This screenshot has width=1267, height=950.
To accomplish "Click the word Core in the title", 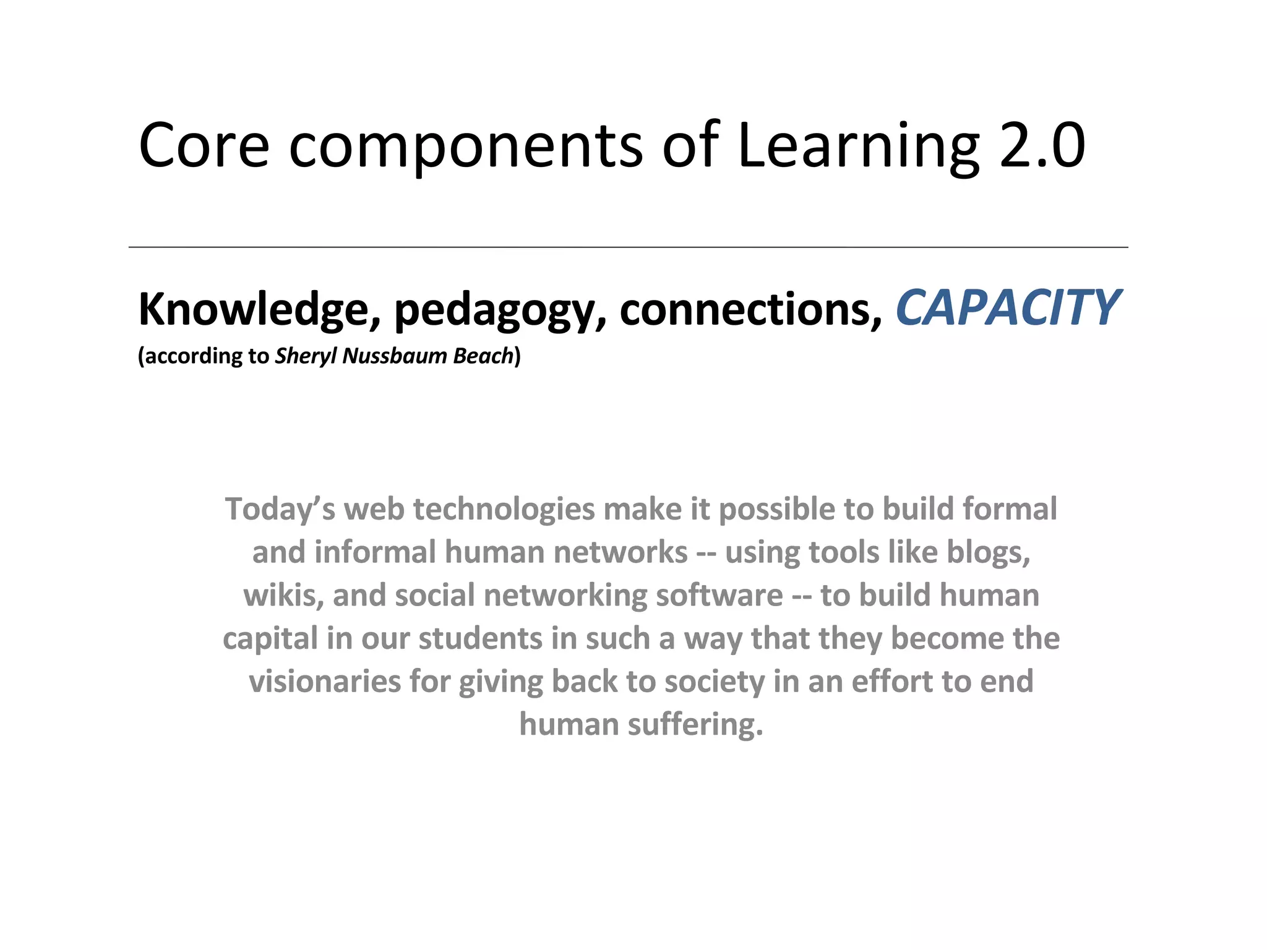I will click(x=204, y=146).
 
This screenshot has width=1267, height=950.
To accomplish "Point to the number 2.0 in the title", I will click(x=1042, y=146).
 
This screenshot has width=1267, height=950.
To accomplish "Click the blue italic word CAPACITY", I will click(x=1007, y=308).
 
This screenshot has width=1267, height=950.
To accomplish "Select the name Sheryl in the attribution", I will click(x=306, y=356).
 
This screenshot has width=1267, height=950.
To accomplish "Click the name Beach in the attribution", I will click(x=483, y=356).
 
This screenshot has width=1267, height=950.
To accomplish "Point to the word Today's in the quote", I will click(x=280, y=510).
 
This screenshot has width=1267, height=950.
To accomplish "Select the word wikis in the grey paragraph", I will click(x=283, y=596).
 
